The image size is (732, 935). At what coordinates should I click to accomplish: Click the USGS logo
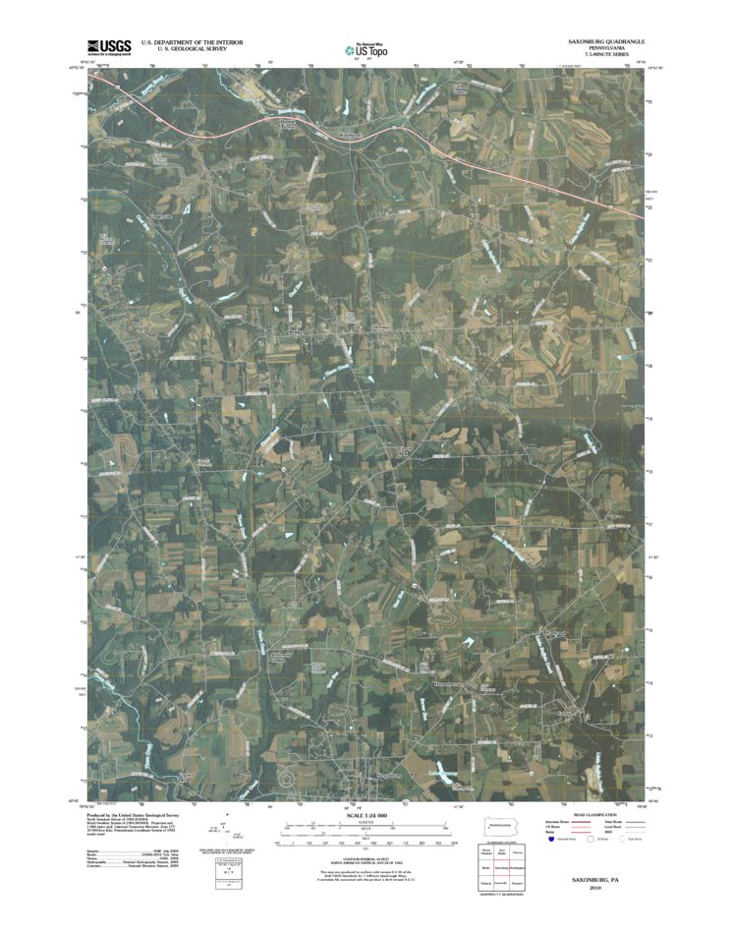[x=108, y=45]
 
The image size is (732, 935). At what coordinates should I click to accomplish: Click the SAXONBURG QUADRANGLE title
[x=607, y=42]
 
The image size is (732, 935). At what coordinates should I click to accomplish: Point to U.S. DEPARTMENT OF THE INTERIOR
[x=193, y=42]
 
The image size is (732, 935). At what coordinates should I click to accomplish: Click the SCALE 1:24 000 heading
[x=366, y=817]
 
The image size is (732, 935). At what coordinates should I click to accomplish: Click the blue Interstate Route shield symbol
[x=550, y=841]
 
